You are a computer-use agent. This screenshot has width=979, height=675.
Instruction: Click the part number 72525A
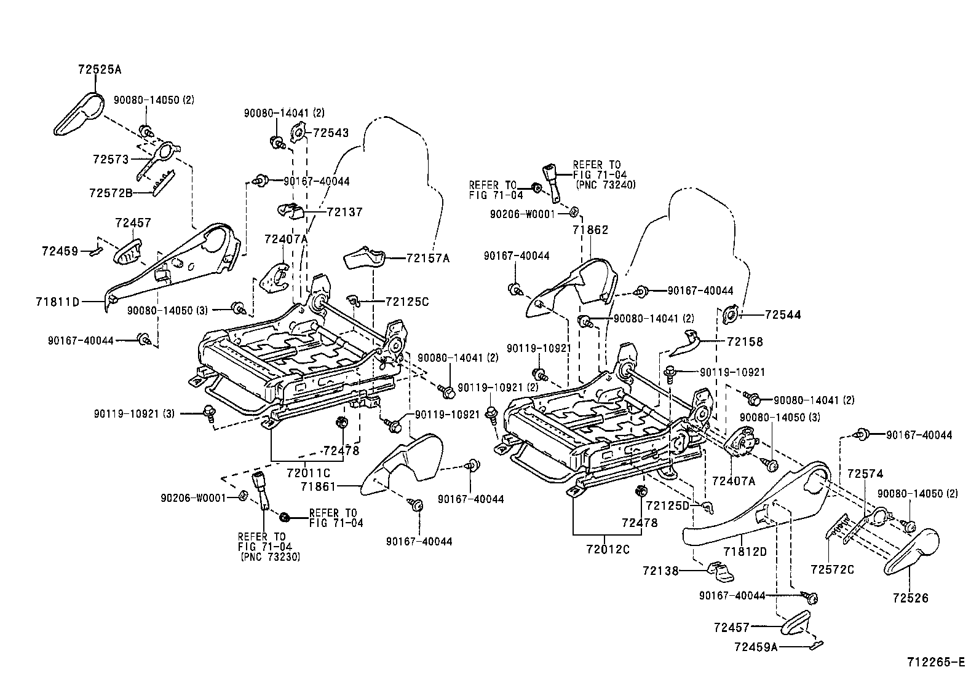(x=100, y=70)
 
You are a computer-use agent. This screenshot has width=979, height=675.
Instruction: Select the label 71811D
(x=58, y=302)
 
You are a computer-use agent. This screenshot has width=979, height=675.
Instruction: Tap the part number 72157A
(x=427, y=259)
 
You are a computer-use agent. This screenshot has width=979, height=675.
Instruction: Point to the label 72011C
(x=308, y=473)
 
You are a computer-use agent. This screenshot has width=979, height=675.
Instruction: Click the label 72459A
(x=756, y=647)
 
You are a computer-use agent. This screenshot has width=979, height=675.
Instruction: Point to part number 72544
(x=783, y=315)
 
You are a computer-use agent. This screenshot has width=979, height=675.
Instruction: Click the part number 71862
(x=590, y=230)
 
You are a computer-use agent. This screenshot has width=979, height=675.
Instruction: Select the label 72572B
(x=111, y=193)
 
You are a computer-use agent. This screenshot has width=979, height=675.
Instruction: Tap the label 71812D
(x=745, y=552)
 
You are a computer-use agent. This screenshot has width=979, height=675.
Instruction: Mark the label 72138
(x=660, y=571)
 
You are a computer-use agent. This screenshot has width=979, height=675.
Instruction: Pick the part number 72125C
(x=407, y=302)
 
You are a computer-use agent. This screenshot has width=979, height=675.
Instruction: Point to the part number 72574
(x=865, y=474)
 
